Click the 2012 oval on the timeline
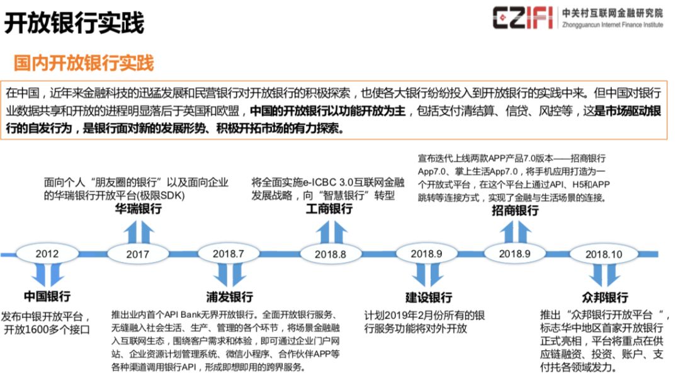click(x=47, y=254)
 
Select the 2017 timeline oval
click(x=138, y=254)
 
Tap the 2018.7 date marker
click(x=229, y=254)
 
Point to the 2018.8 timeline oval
click(x=331, y=254)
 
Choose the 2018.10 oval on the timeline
click(x=603, y=254)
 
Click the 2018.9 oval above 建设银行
click(x=427, y=254)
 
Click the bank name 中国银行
click(x=47, y=296)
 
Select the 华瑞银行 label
click(x=139, y=209)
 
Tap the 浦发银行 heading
click(x=229, y=297)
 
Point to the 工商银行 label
click(x=329, y=209)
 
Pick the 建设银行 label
click(x=429, y=297)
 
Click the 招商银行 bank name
click(x=515, y=210)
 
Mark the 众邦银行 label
click(x=605, y=297)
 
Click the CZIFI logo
click(x=522, y=18)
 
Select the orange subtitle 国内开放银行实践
click(x=84, y=63)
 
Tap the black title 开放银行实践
click(x=74, y=23)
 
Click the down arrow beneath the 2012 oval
click(x=47, y=275)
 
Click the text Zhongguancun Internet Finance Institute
click(x=613, y=25)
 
